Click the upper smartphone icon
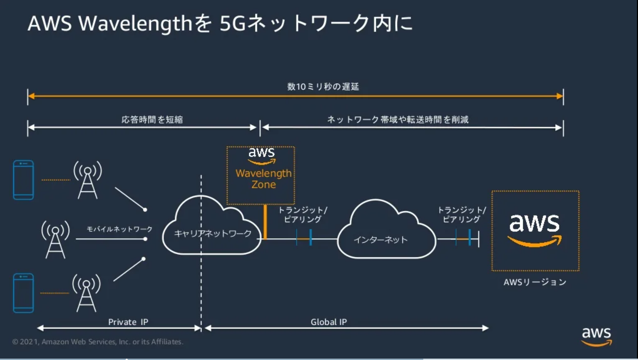pyautogui.click(x=23, y=180)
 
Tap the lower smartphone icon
pyautogui.click(x=23, y=293)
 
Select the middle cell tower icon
pyautogui.click(x=55, y=239)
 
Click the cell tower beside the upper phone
pyautogui.click(x=88, y=180)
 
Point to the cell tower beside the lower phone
pyautogui.click(x=86, y=293)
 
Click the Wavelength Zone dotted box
pyautogui.click(x=261, y=175)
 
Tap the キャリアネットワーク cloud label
pyautogui.click(x=213, y=233)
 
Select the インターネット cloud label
pyautogui.click(x=380, y=240)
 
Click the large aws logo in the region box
pyautogui.click(x=535, y=230)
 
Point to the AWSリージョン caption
pyautogui.click(x=535, y=282)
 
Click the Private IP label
pyautogui.click(x=128, y=322)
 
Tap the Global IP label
pyautogui.click(x=329, y=322)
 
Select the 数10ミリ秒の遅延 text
pyautogui.click(x=323, y=87)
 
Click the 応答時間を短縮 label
pyautogui.click(x=152, y=120)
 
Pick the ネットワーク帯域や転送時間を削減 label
pyautogui.click(x=397, y=120)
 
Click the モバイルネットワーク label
pyautogui.click(x=119, y=229)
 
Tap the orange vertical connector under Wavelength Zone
pyautogui.click(x=265, y=222)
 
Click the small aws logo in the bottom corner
pyautogui.click(x=597, y=336)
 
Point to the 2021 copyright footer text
pyautogui.click(x=97, y=342)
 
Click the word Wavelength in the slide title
pyautogui.click(x=135, y=24)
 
